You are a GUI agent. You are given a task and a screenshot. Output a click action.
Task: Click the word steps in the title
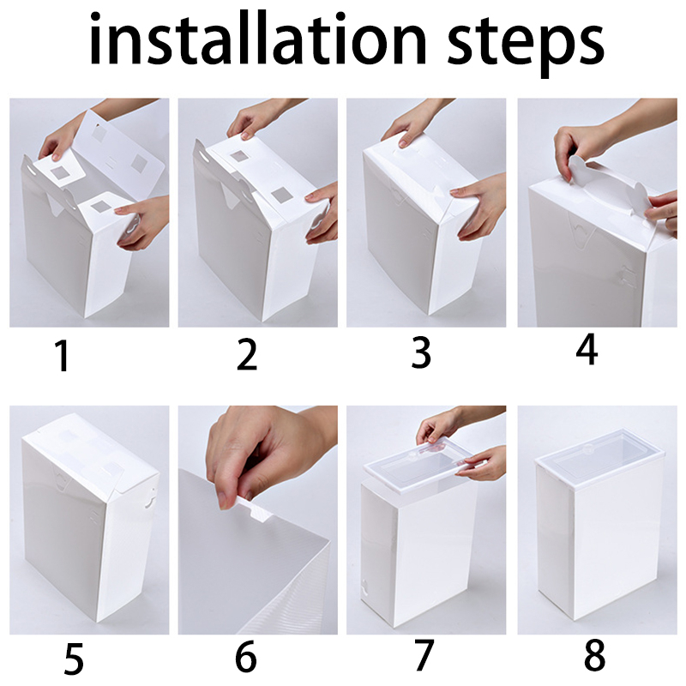(x=526, y=45)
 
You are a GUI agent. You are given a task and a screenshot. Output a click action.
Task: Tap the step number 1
(x=63, y=356)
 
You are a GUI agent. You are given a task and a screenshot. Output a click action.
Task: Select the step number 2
(x=247, y=355)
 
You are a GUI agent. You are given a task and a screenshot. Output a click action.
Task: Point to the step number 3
(x=421, y=352)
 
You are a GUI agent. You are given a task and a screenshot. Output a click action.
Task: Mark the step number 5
(x=73, y=658)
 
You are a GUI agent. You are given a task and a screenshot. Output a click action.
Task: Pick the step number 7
(x=423, y=655)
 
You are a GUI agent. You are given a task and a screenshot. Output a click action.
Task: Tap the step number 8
(x=594, y=655)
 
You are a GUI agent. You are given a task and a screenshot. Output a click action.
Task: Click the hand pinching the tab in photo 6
(x=267, y=451)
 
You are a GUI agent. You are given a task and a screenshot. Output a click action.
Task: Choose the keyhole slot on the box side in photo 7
(x=364, y=589)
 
